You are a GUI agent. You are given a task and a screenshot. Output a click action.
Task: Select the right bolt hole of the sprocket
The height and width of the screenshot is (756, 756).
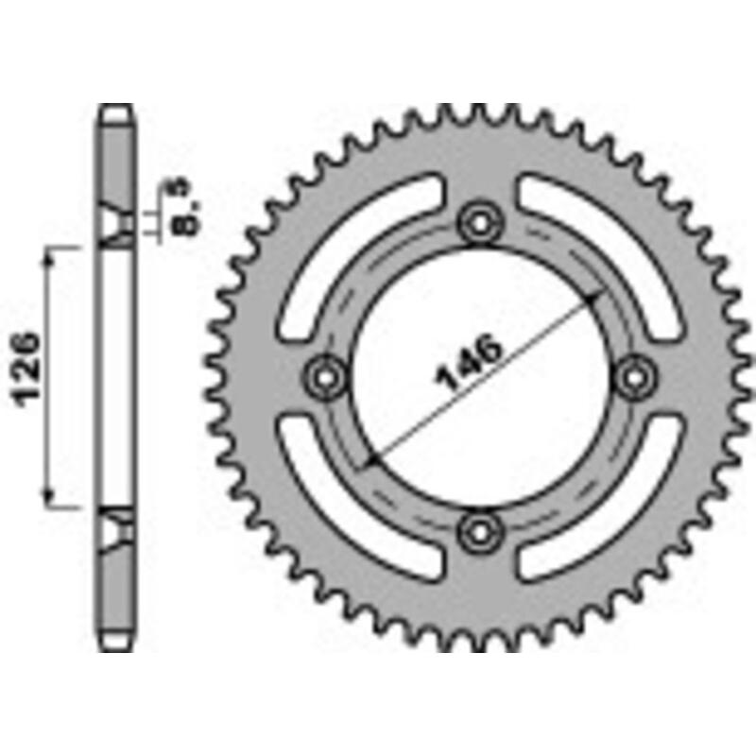click(634, 376)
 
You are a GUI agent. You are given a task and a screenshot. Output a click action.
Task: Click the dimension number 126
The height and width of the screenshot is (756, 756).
click(27, 369)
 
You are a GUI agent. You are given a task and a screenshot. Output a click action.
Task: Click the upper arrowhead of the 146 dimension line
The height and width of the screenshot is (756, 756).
click(593, 298)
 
